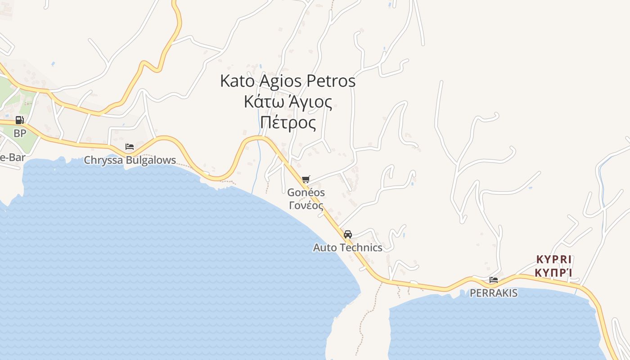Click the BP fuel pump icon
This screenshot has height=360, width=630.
19,120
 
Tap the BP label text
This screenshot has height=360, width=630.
20,133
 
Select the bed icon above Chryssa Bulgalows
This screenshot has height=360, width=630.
130,147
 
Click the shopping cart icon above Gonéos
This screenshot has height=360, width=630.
306,180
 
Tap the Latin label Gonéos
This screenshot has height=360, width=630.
306,192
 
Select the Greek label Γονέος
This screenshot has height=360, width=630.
306,206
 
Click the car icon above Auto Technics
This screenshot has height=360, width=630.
347,234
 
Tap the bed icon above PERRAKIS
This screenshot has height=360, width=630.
494,280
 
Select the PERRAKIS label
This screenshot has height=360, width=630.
494,293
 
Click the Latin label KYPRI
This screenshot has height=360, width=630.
553,260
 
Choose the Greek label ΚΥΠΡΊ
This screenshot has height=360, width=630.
553,273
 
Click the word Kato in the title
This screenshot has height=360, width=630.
237,81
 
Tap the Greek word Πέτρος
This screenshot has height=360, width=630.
288,122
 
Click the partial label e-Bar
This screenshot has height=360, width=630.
13,157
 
